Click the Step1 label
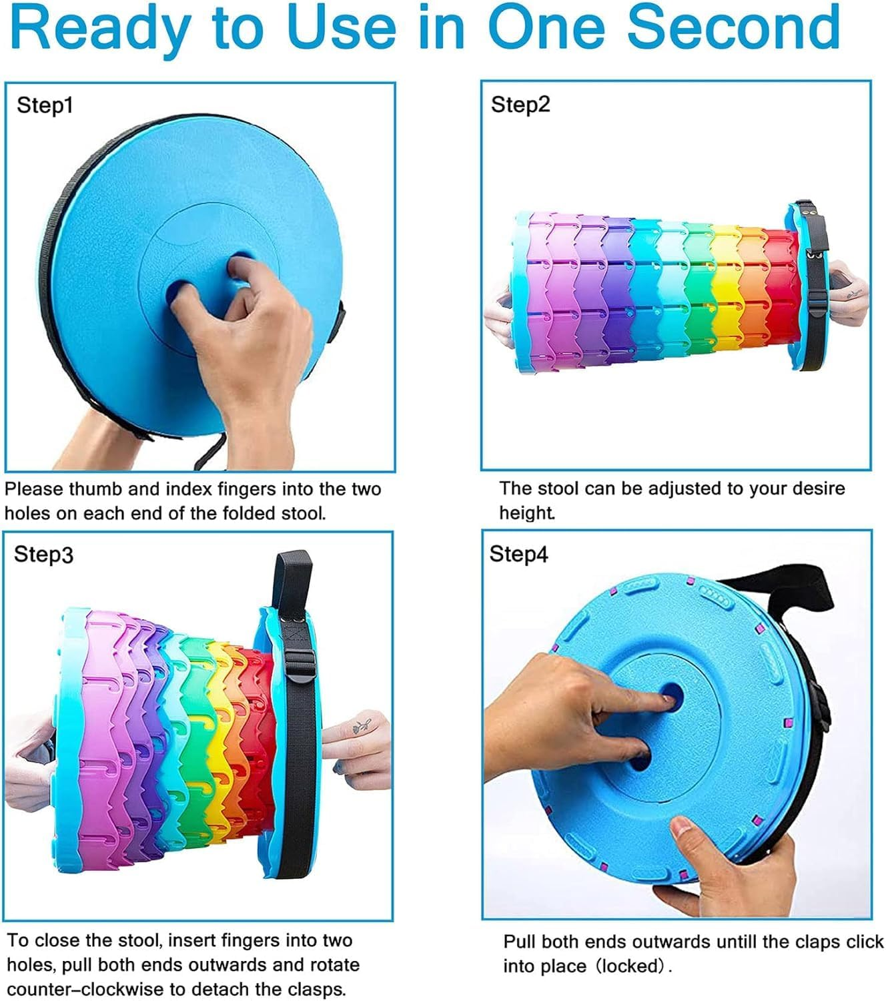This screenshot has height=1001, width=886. pos(45,105)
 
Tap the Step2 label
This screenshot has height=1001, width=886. pos(520,105)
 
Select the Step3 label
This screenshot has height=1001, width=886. pos(43,555)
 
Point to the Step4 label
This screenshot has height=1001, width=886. pos(518,554)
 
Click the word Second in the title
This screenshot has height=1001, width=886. pos(733,27)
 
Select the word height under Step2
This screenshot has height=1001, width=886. pos(526,513)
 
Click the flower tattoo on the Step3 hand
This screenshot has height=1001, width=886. pos(362,726)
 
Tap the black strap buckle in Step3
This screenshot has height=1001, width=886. pos(300,667)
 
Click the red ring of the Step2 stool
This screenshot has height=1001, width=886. pos(781,286)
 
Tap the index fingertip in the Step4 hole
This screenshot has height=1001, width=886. pos(668,698)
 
